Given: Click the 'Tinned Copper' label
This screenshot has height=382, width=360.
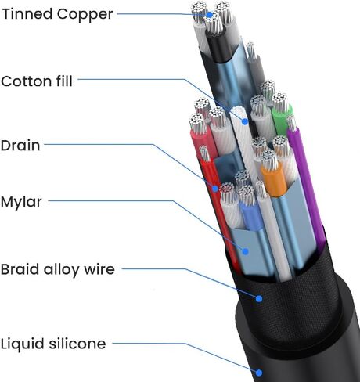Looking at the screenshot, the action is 58,14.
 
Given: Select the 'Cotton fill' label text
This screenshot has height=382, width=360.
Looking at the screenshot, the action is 37,81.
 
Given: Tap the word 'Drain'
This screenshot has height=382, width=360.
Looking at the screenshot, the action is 20,146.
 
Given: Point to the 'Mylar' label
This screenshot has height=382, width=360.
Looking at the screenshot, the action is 21,202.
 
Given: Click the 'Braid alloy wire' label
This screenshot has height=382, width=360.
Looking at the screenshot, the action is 58,269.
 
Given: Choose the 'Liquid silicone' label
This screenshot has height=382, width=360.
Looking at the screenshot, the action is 53,344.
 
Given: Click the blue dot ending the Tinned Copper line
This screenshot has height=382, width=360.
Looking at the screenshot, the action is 210,15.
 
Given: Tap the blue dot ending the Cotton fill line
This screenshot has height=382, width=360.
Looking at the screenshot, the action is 245,121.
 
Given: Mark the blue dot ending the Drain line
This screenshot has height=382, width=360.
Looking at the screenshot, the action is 215,189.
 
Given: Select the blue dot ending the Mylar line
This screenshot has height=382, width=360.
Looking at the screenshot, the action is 245,251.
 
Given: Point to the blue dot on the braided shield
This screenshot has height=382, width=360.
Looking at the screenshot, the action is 259,298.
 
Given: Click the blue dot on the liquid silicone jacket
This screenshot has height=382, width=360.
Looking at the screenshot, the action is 259,373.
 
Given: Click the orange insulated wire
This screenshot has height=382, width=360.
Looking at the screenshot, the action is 274,180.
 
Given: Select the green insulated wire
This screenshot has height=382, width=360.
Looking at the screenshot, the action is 282,120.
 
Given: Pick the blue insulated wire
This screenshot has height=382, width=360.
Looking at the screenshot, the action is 251,217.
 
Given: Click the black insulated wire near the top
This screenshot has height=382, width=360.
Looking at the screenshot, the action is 218,45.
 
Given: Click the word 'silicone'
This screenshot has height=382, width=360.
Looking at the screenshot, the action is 77,344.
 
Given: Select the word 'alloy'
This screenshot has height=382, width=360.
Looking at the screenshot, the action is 61,270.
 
